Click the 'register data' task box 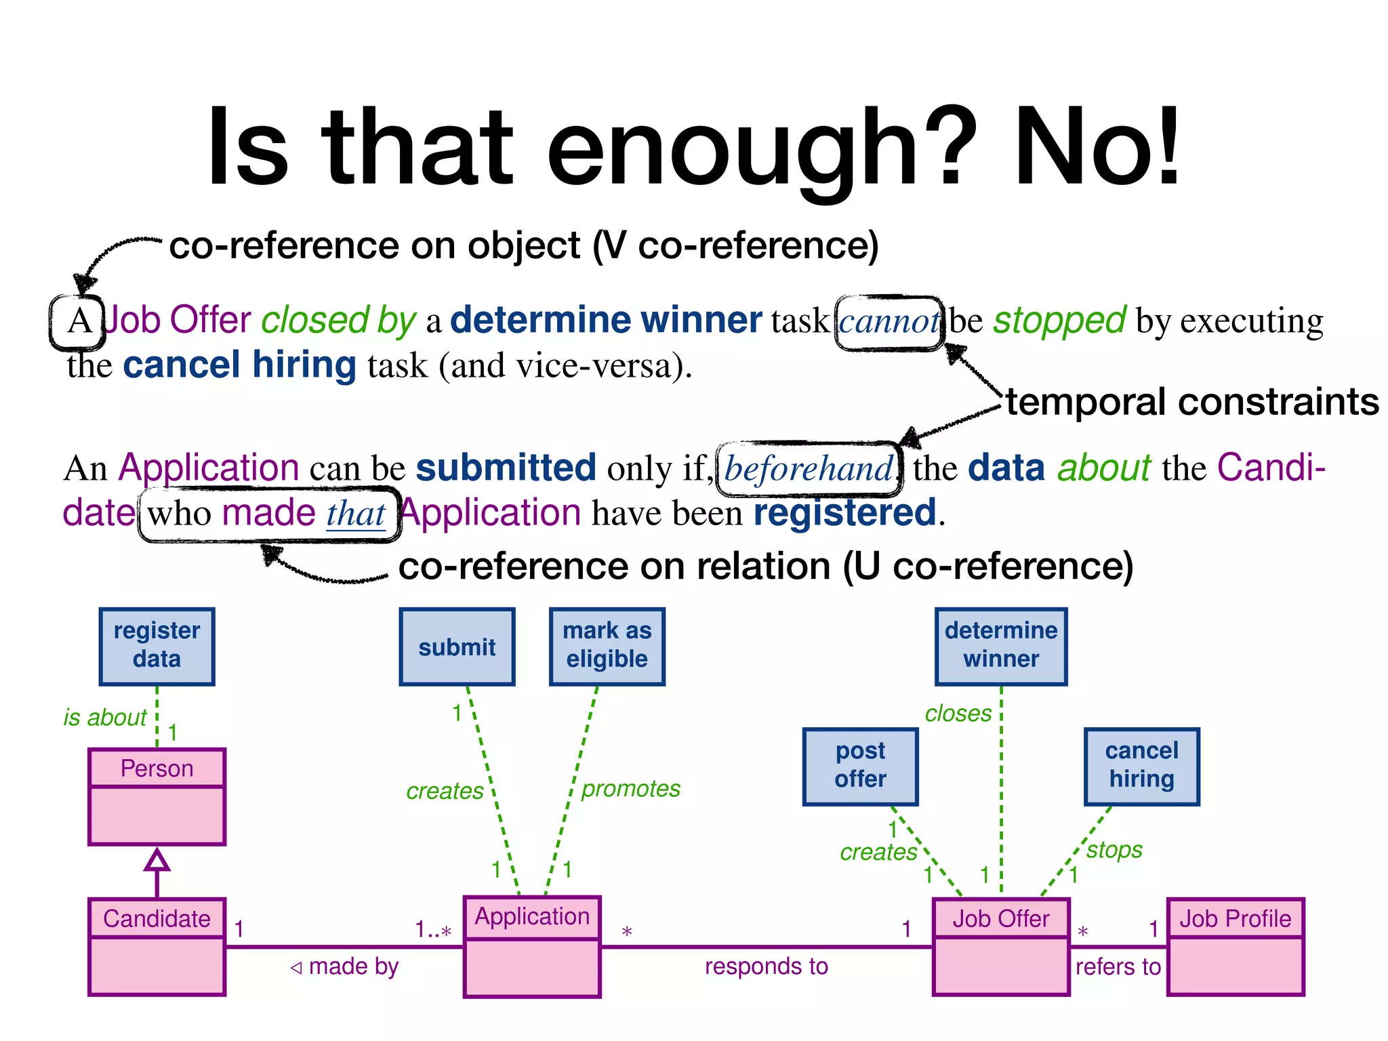click(157, 646)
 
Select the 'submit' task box click(457, 647)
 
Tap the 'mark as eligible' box click(607, 646)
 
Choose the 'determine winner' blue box click(1000, 646)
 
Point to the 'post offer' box click(860, 766)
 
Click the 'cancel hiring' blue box click(1141, 766)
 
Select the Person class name click(157, 769)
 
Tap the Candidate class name click(157, 918)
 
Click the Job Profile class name click(1235, 918)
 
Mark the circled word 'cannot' click(889, 322)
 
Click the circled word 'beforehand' click(809, 468)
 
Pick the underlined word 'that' click(356, 514)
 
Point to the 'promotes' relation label click(630, 789)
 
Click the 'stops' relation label click(1114, 850)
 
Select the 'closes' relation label click(958, 714)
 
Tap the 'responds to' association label click(766, 966)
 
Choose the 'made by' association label click(352, 966)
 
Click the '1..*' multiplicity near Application click(433, 930)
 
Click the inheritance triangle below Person click(157, 860)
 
